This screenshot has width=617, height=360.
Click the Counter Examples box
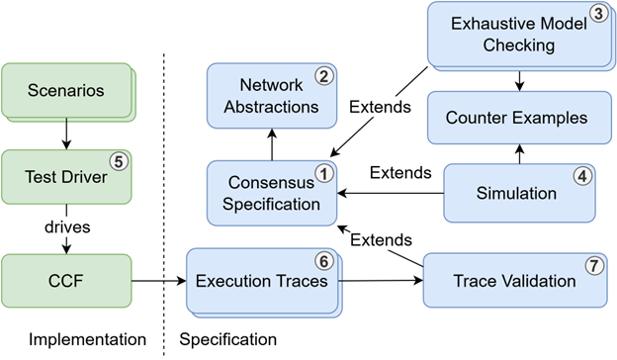pos(514,118)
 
